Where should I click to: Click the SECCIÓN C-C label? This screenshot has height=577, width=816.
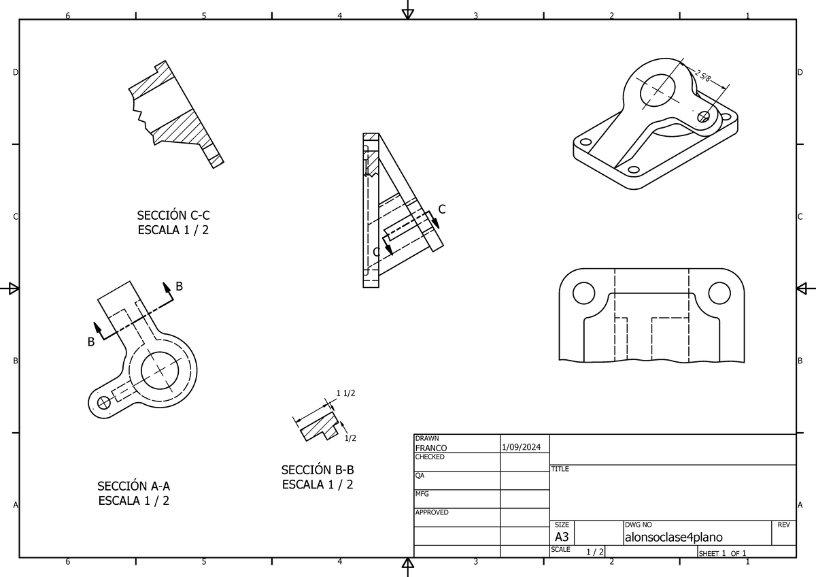pos(173,216)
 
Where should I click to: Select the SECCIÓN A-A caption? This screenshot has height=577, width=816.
pos(133,486)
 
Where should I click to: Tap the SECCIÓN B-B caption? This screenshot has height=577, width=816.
pos(318,469)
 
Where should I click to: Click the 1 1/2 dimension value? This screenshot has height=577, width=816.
pos(346,393)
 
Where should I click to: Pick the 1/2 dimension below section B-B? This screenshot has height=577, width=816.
pos(350,438)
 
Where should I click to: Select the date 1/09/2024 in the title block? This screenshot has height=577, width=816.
pos(521,448)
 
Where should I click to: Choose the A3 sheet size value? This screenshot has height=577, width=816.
pos(562,538)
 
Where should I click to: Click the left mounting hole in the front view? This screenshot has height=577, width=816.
pos(583,293)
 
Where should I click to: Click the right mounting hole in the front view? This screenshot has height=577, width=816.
pos(718,293)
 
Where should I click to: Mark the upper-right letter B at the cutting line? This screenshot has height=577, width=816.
pos(180,286)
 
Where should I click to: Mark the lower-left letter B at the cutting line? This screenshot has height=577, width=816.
pos(90,342)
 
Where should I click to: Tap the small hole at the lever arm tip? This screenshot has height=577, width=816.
pos(104,403)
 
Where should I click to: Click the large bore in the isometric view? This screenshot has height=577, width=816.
pos(658,88)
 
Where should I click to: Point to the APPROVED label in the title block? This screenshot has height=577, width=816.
pos(432,512)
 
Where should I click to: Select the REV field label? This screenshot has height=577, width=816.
pos(783,525)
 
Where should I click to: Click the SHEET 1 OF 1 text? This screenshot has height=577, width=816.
pos(723,553)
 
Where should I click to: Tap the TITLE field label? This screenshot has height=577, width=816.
pos(560,469)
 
